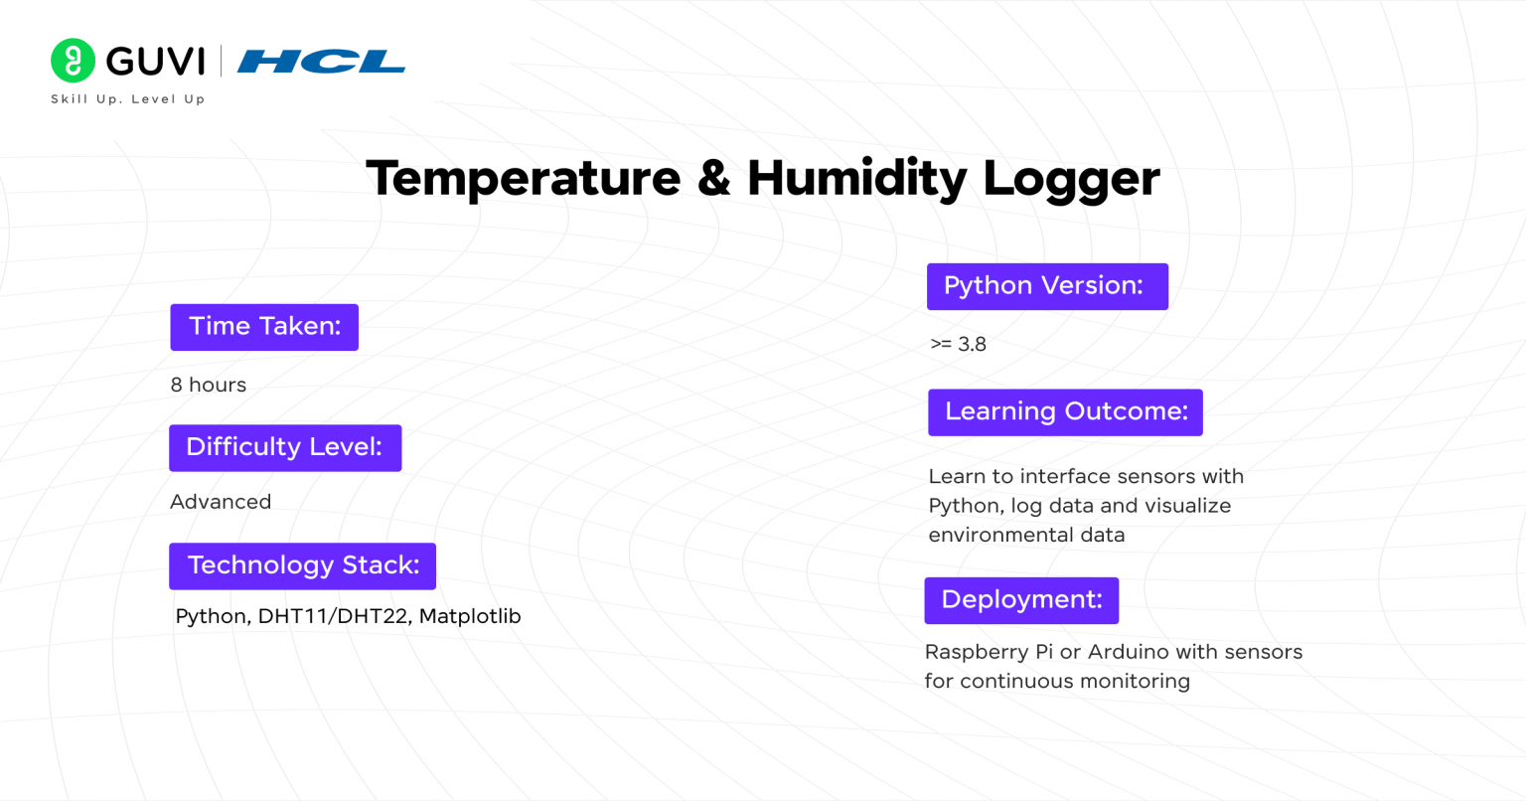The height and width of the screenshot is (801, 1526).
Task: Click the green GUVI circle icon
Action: [73, 61]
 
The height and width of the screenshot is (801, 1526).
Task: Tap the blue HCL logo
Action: [321, 62]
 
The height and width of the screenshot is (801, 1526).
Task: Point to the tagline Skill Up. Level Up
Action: [127, 99]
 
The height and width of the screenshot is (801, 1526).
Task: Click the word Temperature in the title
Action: [523, 179]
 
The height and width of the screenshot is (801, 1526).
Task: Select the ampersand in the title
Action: [713, 179]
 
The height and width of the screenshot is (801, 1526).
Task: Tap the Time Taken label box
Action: [264, 327]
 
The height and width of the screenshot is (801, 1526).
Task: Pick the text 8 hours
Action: [209, 386]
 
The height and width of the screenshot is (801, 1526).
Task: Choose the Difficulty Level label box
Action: [285, 448]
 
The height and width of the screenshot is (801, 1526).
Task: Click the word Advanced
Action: [221, 502]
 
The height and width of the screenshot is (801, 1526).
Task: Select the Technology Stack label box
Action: [302, 565]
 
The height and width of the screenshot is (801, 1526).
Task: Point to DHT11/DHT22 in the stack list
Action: [333, 617]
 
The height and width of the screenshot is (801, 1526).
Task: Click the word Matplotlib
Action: [470, 616]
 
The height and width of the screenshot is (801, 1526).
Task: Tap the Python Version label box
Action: [1047, 286]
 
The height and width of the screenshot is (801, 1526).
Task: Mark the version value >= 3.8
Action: [958, 345]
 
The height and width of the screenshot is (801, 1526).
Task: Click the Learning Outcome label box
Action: [1065, 412]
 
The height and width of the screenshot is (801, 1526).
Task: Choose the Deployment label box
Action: [1021, 600]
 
